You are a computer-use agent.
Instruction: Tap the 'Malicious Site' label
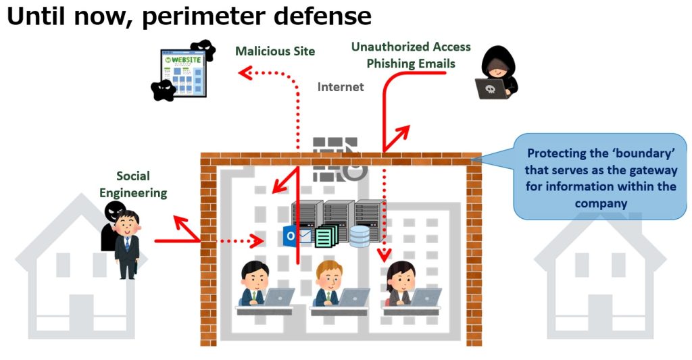pyautogui.click(x=275, y=51)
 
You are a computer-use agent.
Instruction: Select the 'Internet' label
pyautogui.click(x=341, y=87)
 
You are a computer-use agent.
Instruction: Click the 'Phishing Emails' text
pyautogui.click(x=411, y=64)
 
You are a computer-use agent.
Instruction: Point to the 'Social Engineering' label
pyautogui.click(x=133, y=184)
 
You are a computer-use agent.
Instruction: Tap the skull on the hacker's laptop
pyautogui.click(x=490, y=88)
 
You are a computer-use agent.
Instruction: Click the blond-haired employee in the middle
pyautogui.click(x=329, y=284)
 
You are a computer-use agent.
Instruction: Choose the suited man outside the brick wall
pyautogui.click(x=127, y=243)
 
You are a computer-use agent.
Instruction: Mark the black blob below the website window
pyautogui.click(x=163, y=90)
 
